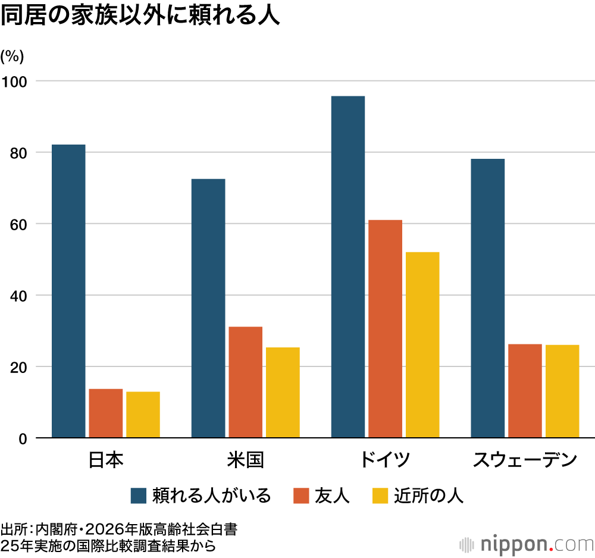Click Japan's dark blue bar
coord(68,291)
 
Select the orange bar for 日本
coord(105,413)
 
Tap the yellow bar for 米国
coord(283,392)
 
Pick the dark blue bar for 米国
coord(208,308)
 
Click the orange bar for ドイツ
coord(385,328)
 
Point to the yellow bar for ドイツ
coord(422,345)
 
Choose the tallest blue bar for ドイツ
coord(348,267)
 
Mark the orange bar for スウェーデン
coord(525,391)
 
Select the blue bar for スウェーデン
coord(488,298)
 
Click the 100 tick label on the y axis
coord(14,81)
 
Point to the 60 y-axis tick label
coord(18,224)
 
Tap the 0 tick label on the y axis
coord(23,439)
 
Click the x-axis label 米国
coord(245,460)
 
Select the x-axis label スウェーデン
coord(525,460)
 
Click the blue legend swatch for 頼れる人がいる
coord(139,496)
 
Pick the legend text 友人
coord(332,496)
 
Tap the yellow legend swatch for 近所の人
coord(380,496)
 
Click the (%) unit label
coord(12,57)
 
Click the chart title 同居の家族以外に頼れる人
coord(140,15)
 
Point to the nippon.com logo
coord(527,545)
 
